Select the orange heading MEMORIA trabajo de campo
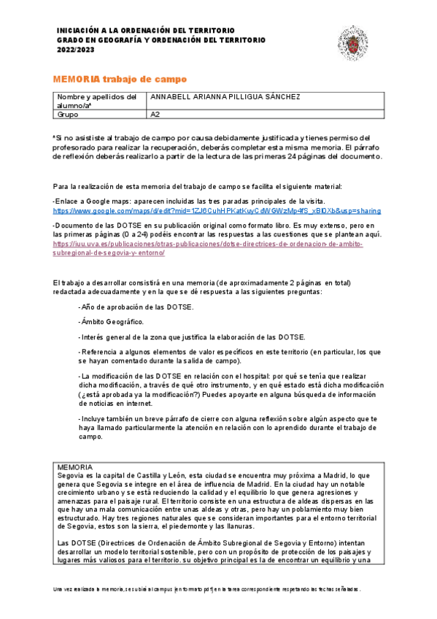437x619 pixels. coord(120,79)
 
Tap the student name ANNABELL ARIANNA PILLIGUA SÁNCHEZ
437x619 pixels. coord(224,97)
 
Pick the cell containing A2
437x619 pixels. coord(155,114)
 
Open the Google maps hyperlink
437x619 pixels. coord(217,210)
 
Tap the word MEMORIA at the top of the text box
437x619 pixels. coord(75,466)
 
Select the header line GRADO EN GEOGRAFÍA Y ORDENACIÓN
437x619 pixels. coord(161,40)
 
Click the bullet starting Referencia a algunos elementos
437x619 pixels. coord(230,355)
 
